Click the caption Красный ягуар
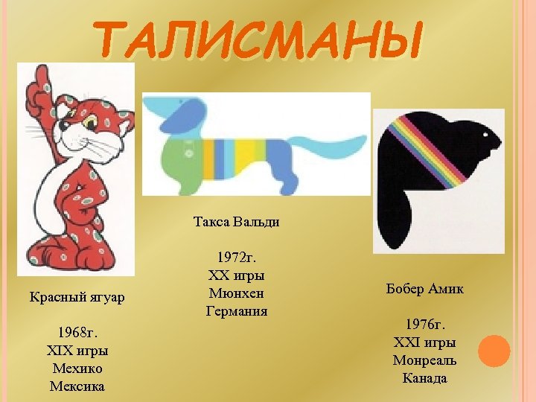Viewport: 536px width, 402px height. (77, 298)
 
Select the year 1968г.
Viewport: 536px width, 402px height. (77, 332)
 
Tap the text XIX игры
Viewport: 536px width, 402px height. (77, 350)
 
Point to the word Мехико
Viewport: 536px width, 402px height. (77, 368)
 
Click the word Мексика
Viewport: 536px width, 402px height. (77, 386)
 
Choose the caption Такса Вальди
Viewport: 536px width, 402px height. (236, 222)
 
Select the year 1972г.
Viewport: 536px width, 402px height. (236, 258)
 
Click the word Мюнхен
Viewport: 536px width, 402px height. (236, 293)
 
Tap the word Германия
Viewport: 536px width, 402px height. (236, 311)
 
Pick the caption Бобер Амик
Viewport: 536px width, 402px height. (424, 289)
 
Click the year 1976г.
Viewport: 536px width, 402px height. (424, 325)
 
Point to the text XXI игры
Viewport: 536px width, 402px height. (424, 342)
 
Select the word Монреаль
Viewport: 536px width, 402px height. (424, 360)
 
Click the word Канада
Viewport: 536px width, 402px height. (424, 378)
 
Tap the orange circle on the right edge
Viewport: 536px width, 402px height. (494, 351)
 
